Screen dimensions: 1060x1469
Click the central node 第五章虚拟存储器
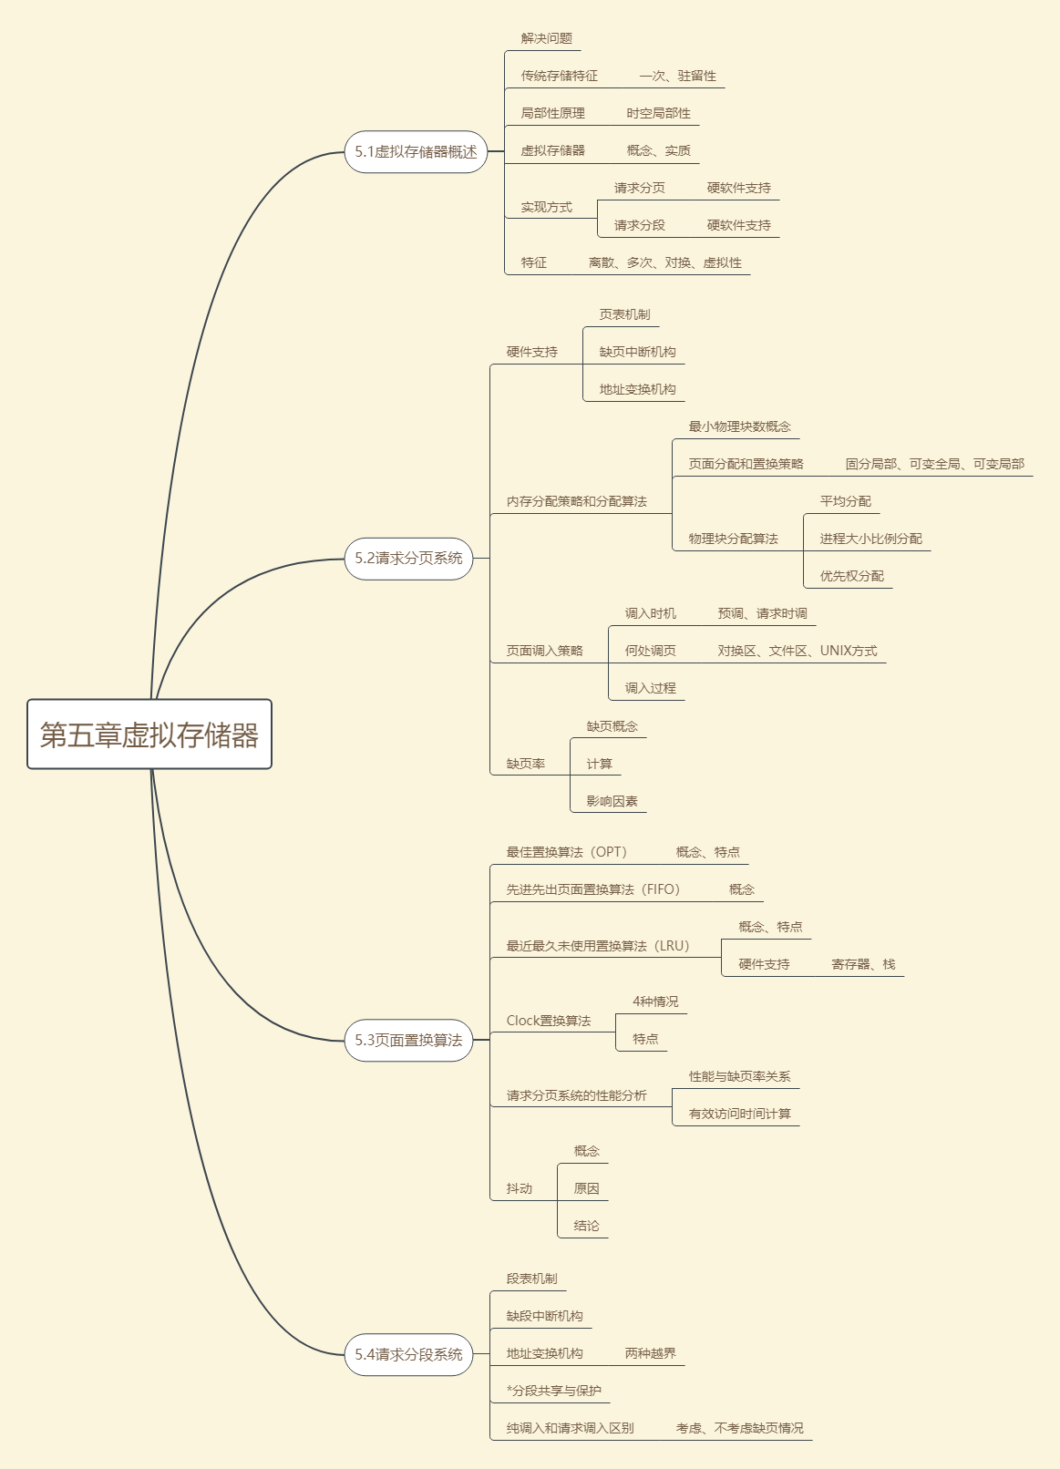[149, 734]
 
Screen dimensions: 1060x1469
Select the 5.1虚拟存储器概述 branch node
[416, 152]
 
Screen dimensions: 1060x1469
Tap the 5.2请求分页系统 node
[408, 559]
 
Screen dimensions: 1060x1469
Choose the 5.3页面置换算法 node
[408, 1041]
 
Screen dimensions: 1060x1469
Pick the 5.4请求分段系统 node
[408, 1355]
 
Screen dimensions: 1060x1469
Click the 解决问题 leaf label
[547, 38]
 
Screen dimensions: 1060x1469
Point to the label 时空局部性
[658, 113]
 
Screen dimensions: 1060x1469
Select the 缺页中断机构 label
[637, 352]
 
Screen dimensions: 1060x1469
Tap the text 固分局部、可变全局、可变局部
[934, 464]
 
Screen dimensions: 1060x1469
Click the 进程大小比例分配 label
[870, 539]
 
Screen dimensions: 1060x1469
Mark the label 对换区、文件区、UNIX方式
[797, 651]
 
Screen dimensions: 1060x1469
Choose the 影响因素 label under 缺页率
[612, 801]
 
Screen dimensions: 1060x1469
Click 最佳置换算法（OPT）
[567, 852]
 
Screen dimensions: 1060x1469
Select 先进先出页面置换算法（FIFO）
[593, 889]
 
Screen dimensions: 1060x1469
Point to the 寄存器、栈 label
[863, 964]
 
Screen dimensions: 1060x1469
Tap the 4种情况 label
[655, 1002]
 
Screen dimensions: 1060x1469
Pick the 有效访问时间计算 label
[739, 1114]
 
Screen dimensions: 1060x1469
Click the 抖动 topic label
[520, 1188]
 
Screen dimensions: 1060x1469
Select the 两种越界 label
[650, 1353]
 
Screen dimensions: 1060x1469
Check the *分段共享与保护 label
[554, 1391]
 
